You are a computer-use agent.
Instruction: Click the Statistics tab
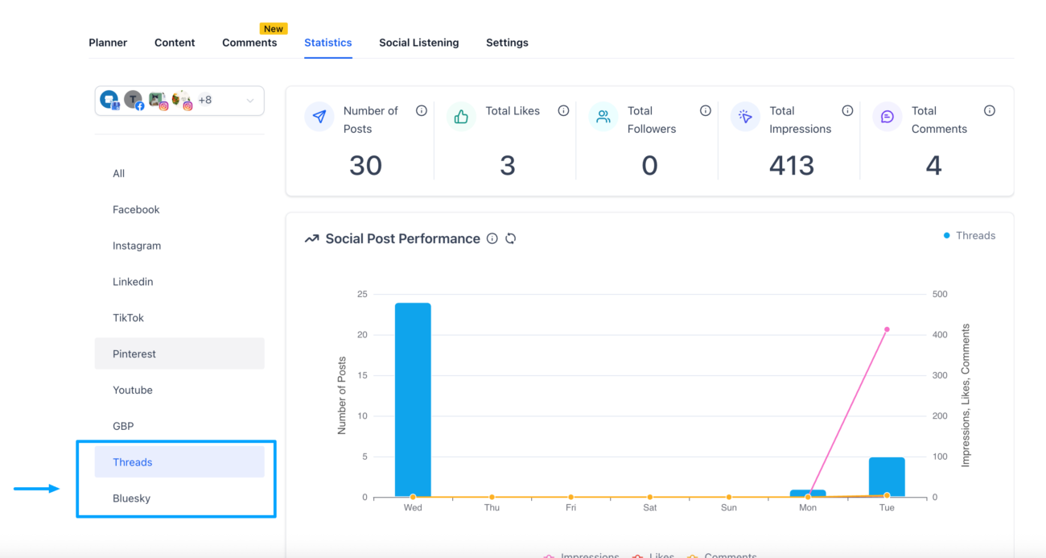[x=327, y=43]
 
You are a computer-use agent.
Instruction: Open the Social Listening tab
[x=418, y=43]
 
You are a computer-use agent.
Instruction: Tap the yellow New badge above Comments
[x=274, y=29]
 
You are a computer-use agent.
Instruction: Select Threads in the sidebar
[x=133, y=462]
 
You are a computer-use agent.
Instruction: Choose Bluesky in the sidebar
[x=132, y=498]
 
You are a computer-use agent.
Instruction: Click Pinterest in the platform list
[x=134, y=353]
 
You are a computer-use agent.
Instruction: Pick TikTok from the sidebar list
[x=128, y=318]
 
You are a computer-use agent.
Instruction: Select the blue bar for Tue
[x=887, y=477]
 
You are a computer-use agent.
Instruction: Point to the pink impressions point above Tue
[x=887, y=329]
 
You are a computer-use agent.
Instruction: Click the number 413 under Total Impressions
[x=792, y=166]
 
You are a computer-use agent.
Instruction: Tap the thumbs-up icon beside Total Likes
[x=461, y=118]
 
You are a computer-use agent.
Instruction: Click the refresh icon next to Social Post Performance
[x=510, y=239]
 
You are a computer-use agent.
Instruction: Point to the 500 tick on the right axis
[x=939, y=295]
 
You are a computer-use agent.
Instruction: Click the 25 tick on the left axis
[x=362, y=295]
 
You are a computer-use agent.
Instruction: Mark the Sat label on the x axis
[x=649, y=508]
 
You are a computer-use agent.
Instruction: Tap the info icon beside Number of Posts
[x=421, y=111]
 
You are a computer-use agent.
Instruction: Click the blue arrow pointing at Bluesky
[x=36, y=488]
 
